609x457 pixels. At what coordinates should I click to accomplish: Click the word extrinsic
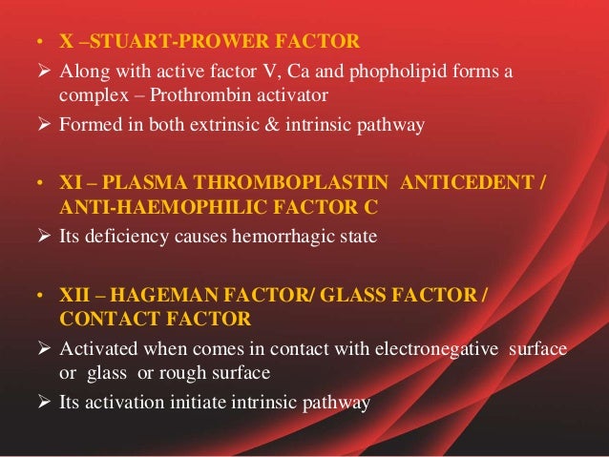[x=230, y=124]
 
